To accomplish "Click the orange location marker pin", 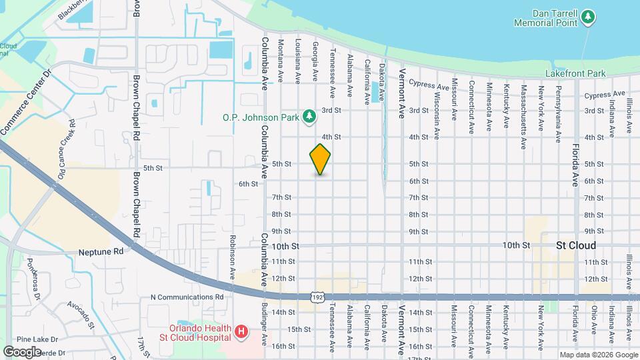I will pyautogui.click(x=320, y=159).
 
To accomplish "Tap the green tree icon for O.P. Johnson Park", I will pyautogui.click(x=309, y=117).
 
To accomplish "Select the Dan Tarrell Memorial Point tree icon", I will pyautogui.click(x=588, y=17).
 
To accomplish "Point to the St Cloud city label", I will pyautogui.click(x=575, y=245).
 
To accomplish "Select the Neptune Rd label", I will pyautogui.click(x=101, y=253).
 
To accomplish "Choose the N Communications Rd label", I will pyautogui.click(x=187, y=297).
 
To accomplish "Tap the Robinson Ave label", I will pyautogui.click(x=233, y=257).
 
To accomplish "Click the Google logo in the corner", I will pyautogui.click(x=22, y=351).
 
